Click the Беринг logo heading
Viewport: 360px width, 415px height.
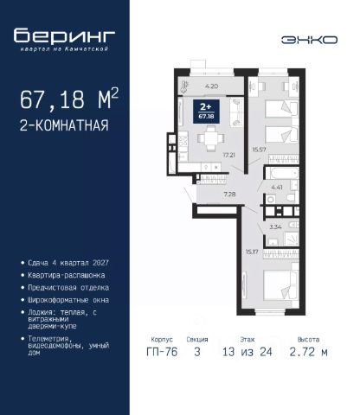64,36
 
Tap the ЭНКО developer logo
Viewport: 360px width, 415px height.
309,40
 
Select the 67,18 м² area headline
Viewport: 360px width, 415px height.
69,99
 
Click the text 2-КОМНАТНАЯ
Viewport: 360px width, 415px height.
64,125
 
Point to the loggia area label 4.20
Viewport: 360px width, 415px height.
211,86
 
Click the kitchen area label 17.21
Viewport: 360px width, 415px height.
229,155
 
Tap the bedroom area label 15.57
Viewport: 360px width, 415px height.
259,150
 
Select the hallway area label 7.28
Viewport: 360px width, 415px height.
229,195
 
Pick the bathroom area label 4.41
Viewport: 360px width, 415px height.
277,188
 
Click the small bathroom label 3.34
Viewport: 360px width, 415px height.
275,227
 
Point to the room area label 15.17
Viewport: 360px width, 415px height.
252,252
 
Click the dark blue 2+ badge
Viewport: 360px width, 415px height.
206,112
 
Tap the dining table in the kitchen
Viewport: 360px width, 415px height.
211,138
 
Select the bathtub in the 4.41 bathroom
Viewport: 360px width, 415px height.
282,174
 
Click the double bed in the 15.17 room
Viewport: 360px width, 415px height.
280,285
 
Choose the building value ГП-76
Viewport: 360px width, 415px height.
162,352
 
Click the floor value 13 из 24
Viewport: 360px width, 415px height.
247,352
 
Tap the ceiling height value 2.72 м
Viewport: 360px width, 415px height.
308,352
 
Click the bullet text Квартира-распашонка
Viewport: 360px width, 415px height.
67,275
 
